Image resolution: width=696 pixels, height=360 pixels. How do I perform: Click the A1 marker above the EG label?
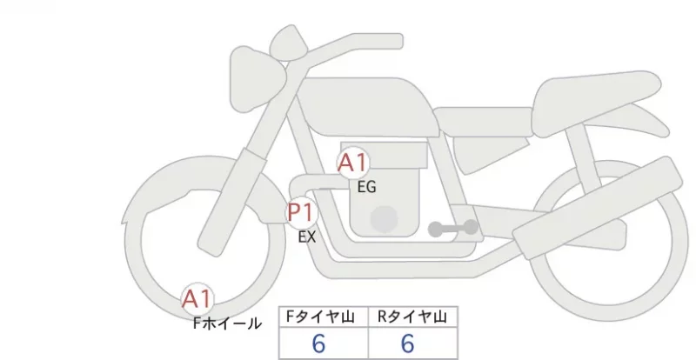coord(353,163)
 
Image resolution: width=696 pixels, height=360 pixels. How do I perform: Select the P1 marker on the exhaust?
coord(302,213)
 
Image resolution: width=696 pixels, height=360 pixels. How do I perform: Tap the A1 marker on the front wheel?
coord(197,299)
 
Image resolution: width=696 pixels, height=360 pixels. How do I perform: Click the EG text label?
coord(366,187)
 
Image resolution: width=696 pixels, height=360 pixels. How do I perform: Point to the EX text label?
coord(307,237)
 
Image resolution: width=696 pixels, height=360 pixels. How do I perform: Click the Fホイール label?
coord(228,323)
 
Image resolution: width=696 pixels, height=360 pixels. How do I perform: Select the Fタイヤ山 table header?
coord(320,317)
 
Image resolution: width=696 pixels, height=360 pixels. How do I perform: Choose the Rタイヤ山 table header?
coord(412,317)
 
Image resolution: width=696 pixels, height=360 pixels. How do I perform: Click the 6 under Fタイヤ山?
coord(318,343)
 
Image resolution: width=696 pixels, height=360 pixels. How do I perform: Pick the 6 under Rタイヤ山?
coord(407,343)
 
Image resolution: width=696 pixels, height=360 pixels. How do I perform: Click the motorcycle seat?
coord(595,102)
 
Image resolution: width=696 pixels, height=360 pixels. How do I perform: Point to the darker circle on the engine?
coord(384,219)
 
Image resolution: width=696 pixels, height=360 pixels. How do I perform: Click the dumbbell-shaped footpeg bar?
coord(453,228)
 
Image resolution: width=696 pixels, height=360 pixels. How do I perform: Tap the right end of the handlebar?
coord(398,41)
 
